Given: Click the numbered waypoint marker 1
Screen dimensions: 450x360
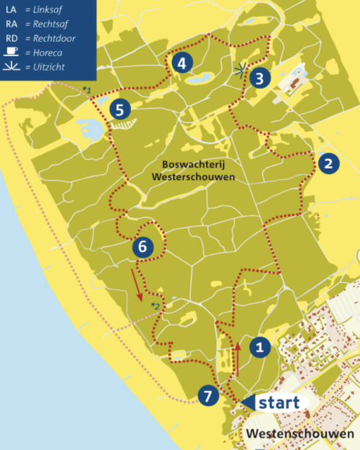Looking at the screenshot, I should (259, 348).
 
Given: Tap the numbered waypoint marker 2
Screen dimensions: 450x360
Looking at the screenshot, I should (328, 163).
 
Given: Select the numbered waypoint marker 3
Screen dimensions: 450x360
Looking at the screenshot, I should (261, 77).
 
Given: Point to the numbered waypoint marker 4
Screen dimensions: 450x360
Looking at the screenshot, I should (181, 63).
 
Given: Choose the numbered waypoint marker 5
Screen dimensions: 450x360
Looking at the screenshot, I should (120, 109).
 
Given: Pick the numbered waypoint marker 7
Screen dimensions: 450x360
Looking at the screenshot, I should (207, 395).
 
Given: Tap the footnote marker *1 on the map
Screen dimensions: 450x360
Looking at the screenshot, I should (86, 89).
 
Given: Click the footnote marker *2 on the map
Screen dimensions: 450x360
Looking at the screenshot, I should (154, 307).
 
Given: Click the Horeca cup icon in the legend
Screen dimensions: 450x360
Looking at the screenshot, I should (12, 53).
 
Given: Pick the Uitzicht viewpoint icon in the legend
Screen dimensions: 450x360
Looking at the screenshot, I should (12, 68).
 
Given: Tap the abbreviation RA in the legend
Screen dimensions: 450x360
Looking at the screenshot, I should (11, 23).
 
